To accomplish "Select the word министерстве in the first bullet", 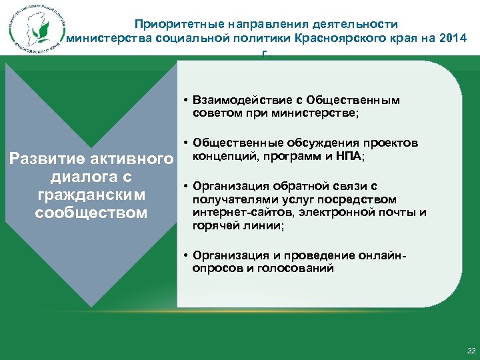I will coord(323,113).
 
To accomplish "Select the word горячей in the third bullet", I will coord(213,226).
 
